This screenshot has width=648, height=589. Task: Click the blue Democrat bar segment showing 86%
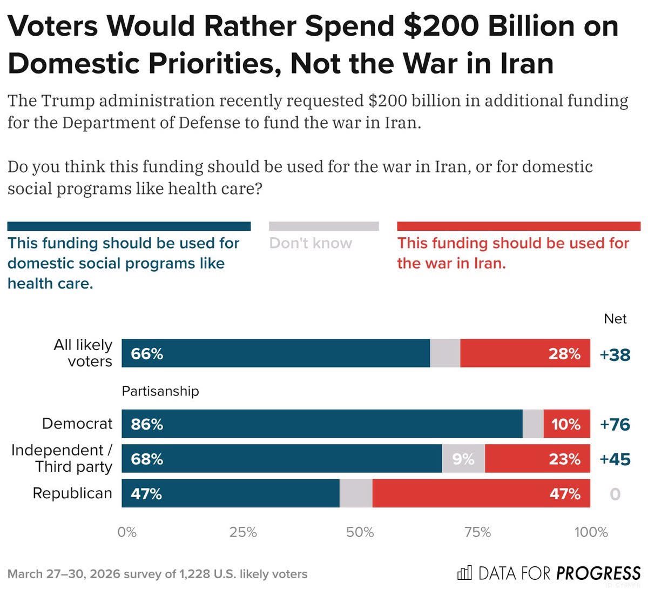[x=322, y=424]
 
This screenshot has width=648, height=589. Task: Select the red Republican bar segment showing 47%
[x=481, y=493]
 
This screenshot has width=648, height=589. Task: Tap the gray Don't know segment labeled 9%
[x=463, y=459]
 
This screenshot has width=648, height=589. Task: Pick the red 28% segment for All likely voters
[x=525, y=353]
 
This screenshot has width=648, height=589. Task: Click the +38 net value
[x=615, y=354]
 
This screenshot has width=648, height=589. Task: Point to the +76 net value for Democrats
[x=615, y=424]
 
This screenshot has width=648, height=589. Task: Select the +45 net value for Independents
[x=615, y=459]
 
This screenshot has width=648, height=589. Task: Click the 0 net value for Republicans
[x=615, y=494]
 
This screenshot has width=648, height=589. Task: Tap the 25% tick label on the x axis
[x=243, y=532]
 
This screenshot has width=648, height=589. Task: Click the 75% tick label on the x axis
[x=477, y=532]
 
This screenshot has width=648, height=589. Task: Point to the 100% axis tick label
[x=591, y=532]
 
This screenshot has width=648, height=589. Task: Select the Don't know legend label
[x=310, y=243]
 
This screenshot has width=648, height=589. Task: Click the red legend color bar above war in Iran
[x=518, y=226]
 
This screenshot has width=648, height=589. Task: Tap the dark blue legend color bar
[x=129, y=226]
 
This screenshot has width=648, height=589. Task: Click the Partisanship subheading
[x=160, y=391]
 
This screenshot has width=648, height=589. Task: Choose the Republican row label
[x=72, y=493]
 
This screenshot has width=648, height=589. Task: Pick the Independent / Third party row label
[x=62, y=458]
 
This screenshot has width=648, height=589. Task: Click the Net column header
[x=615, y=319]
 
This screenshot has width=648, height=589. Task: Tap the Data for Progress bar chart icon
[x=464, y=572]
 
